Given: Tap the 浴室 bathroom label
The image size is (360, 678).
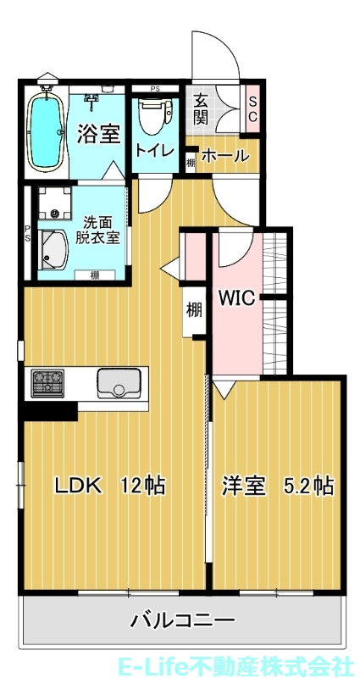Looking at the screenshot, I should tap(98, 134).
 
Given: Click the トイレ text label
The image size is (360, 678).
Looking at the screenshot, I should tap(155, 152).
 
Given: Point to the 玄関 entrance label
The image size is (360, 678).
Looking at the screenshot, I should tap(202, 108).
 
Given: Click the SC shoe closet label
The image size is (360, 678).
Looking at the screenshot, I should tap(252, 109).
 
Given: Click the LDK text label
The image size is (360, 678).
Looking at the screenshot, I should tap(79, 486).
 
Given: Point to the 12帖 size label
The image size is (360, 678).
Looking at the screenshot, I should tap(141, 486).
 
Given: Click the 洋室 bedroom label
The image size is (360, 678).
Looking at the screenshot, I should tap(244, 486).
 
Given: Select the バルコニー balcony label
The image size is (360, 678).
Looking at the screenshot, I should tap(182, 621).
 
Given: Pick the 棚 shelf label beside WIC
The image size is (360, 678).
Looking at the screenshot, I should tap(194, 310).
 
